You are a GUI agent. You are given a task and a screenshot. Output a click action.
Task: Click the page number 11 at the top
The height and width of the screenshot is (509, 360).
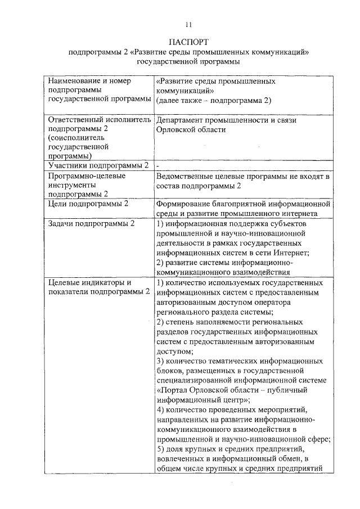pyautogui.click(x=188, y=24)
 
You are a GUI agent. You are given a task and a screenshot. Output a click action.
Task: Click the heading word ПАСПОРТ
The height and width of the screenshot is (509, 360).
pyautogui.click(x=188, y=42)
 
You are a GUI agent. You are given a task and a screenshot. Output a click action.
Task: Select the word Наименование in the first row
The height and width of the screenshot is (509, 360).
pyautogui.click(x=73, y=81)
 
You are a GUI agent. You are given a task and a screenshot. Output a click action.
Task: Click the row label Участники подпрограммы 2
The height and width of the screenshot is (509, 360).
pyautogui.click(x=98, y=165)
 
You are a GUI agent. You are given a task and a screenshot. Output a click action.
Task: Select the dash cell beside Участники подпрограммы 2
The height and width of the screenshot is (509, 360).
pyautogui.click(x=158, y=166)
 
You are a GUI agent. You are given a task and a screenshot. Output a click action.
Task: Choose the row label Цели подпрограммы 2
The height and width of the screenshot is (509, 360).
pyautogui.click(x=88, y=204)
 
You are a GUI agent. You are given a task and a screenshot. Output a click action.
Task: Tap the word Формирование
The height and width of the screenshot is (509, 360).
pyautogui.click(x=184, y=204)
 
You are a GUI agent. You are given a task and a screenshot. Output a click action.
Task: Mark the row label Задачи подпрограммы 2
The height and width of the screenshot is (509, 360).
pyautogui.click(x=92, y=224)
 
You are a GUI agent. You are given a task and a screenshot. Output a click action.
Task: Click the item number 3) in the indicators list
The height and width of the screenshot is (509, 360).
pyautogui.click(x=160, y=361)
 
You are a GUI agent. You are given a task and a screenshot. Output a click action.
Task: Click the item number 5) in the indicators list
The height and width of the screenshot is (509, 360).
pyautogui.click(x=160, y=449)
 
